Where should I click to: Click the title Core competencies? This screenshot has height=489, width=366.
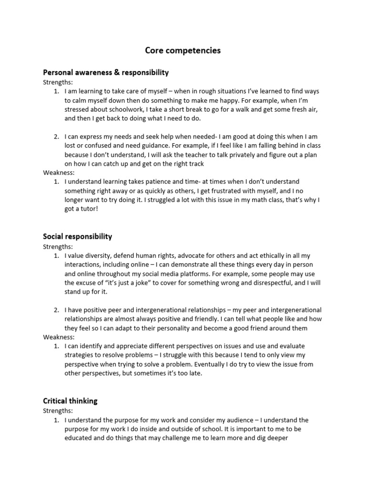coord(183,50)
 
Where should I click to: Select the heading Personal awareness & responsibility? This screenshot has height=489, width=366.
coord(106,73)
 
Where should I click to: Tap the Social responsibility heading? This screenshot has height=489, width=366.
coord(78,236)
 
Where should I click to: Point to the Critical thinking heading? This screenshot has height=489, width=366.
coord(70,401)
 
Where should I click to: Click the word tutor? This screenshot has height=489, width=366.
coord(86,209)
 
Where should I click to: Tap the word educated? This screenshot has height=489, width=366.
coord(80,438)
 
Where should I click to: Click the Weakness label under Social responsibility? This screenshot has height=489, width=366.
coord(59,337)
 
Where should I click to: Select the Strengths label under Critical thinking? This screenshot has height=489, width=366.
coord(58,411)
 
